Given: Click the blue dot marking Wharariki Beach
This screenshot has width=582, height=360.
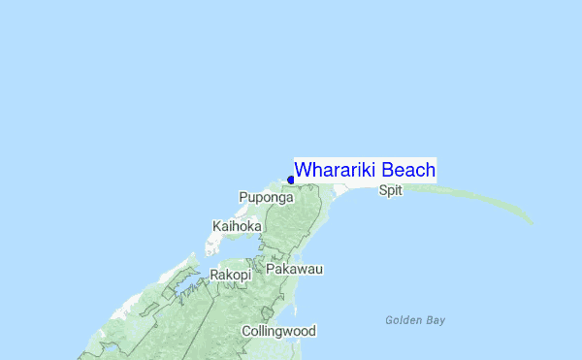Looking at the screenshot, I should (x=291, y=180).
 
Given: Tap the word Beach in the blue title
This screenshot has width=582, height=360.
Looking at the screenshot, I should (x=407, y=170).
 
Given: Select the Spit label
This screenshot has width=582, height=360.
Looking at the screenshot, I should (x=390, y=190).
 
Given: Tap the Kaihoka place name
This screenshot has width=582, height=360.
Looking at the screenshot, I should (x=237, y=226).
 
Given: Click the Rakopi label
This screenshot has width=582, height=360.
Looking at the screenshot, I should (x=231, y=275).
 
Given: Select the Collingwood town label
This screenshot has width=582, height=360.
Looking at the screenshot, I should (x=278, y=331).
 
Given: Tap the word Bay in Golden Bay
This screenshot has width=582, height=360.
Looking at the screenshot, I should (x=436, y=320).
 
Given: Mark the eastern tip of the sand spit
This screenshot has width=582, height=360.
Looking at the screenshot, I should (x=532, y=221).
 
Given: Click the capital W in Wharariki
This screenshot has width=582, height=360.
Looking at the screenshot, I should (x=303, y=170).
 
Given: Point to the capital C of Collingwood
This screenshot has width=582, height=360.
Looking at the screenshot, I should (x=246, y=331).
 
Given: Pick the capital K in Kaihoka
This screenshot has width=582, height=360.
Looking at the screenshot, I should (x=215, y=226).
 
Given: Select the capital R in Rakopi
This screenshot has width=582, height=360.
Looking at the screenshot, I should (x=214, y=275).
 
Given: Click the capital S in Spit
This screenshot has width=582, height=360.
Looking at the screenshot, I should (x=382, y=190).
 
